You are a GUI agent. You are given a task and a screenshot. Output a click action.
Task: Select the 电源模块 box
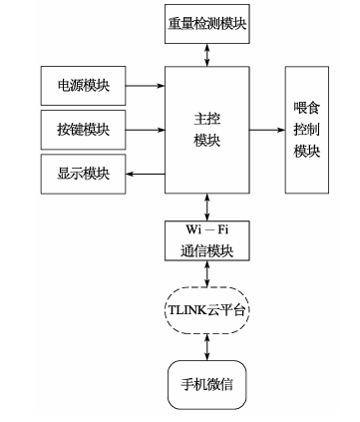pos(84,88)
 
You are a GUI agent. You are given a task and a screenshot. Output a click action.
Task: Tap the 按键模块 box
pos(84,129)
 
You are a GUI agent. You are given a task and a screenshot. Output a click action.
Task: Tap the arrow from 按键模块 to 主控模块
pos(146,130)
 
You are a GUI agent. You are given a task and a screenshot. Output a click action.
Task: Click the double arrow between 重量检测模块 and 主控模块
pos(205,56)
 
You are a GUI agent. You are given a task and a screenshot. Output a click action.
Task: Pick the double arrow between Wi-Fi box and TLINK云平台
pos(205,275)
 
